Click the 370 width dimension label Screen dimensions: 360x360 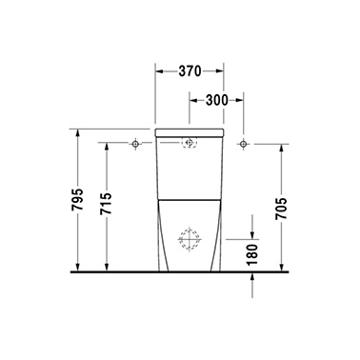[x=190, y=71]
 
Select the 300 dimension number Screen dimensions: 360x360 [x=217, y=100]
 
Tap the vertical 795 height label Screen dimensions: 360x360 [x=77, y=200]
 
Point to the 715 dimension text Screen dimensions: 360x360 [x=106, y=204]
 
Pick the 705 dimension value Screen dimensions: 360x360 [x=281, y=209]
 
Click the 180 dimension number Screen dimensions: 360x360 [x=252, y=254]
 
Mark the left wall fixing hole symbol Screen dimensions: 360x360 [x=135, y=144]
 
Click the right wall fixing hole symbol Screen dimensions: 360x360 [x=243, y=144]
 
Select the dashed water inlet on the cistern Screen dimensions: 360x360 [x=190, y=143]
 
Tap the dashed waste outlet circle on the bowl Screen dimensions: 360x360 [x=190, y=239]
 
